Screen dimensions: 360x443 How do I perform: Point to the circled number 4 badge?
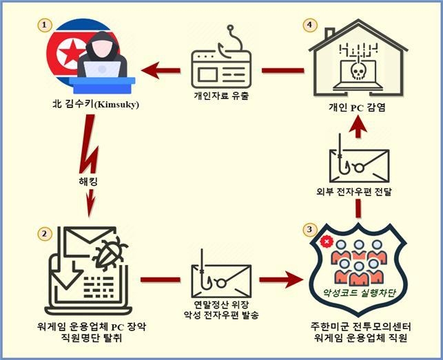pyautogui.click(x=310, y=25)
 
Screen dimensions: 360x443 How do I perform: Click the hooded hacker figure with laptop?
pyautogui.click(x=103, y=58)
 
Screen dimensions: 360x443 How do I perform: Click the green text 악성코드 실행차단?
pyautogui.click(x=357, y=291)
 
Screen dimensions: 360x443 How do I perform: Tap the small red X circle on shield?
pyautogui.click(x=323, y=242)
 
